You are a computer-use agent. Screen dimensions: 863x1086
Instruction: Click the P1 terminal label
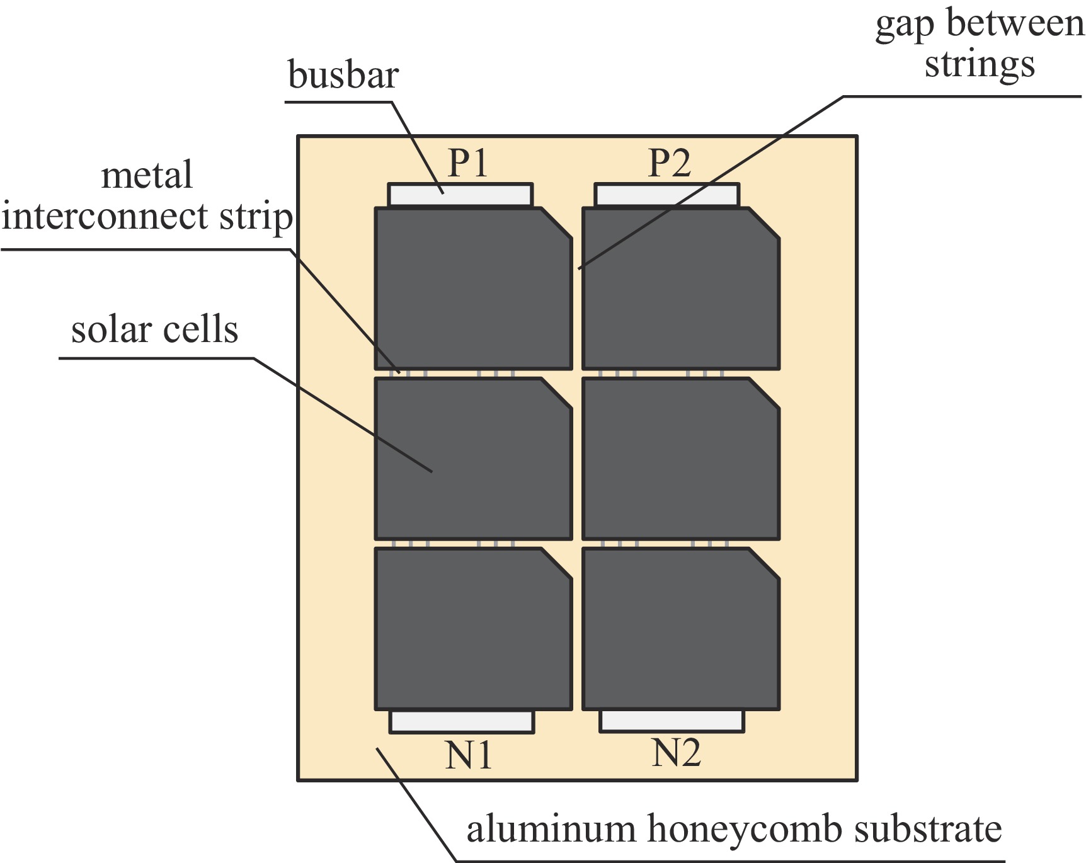tap(467, 163)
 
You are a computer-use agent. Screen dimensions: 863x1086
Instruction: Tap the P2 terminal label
tap(669, 163)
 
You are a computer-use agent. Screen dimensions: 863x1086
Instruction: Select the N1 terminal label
tap(467, 755)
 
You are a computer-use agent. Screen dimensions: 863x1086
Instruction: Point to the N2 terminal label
tap(675, 752)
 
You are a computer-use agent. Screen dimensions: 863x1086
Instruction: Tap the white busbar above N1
tap(461, 721)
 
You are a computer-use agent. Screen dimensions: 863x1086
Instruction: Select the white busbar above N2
tap(672, 721)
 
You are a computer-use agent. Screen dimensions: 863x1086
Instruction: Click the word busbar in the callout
tap(343, 75)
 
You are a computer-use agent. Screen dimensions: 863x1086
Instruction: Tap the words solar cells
tap(154, 329)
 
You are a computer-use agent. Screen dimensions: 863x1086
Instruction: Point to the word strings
tap(979, 65)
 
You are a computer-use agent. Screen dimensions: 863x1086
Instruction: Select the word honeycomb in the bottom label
tap(745, 829)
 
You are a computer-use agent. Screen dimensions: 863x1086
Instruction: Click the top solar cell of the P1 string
tap(472, 290)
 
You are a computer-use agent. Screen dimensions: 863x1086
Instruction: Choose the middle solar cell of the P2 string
tap(680, 459)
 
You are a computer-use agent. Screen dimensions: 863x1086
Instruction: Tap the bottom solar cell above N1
tap(472, 629)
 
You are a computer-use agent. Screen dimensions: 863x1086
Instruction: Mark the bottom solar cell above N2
tap(680, 629)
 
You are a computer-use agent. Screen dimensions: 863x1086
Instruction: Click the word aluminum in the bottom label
tap(551, 829)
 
